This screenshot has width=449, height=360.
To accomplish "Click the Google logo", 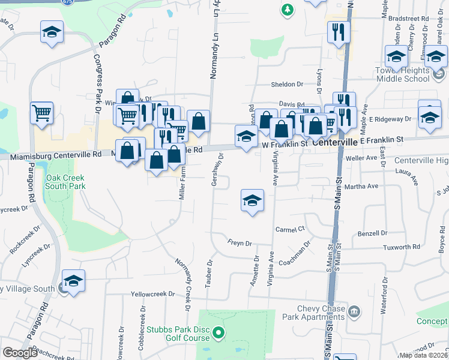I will click(20, 353).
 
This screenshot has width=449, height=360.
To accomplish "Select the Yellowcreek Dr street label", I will click(153, 295).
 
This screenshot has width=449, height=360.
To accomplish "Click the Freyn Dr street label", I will click(240, 243).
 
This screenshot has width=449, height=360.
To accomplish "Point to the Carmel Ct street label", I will click(291, 229).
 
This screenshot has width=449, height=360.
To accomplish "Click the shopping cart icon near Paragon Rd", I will click(41, 113).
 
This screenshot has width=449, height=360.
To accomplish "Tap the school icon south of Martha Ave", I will click(253, 200).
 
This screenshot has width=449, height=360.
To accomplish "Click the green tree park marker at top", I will click(288, 9).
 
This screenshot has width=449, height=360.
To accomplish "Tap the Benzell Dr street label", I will click(373, 233).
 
